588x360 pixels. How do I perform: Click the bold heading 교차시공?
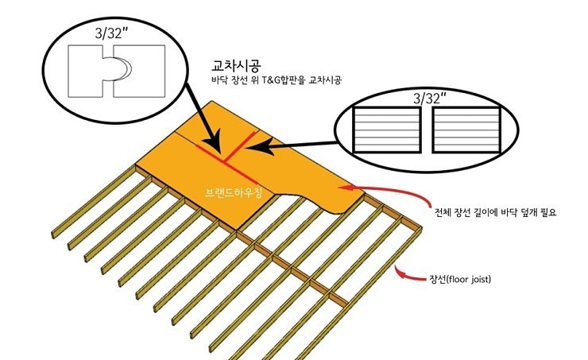pyautogui.click(x=236, y=66)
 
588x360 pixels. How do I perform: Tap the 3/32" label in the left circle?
pyautogui.click(x=112, y=33)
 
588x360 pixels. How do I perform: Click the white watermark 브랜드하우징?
pyautogui.click(x=234, y=193)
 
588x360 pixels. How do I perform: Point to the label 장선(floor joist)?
pyautogui.click(x=460, y=279)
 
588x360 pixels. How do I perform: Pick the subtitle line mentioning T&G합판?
pyautogui.click(x=277, y=80)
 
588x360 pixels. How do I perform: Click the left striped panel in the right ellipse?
pyautogui.click(x=386, y=130)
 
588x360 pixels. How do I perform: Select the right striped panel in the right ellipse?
pyautogui.click(x=466, y=130)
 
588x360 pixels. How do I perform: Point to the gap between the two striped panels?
pyautogui.click(x=426, y=130)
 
